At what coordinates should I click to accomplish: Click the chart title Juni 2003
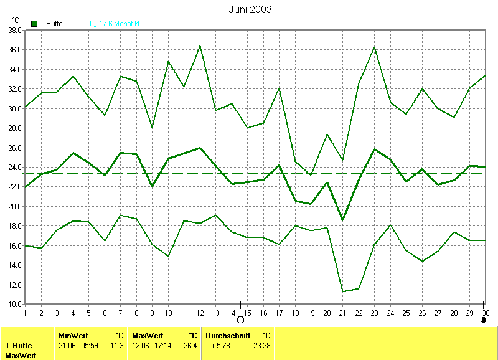(250, 9)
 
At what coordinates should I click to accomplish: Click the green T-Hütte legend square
(34, 24)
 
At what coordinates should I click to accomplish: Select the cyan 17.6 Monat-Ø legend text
(119, 24)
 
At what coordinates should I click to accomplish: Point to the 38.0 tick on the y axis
(14, 30)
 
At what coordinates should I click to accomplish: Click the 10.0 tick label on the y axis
(14, 305)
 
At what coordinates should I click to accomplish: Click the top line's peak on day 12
(200, 45)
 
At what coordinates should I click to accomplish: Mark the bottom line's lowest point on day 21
(342, 291)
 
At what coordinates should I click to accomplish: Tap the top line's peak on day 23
(374, 47)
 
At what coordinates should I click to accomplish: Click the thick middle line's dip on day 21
(342, 220)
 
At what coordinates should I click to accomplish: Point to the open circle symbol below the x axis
(240, 320)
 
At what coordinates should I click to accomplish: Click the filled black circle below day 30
(484, 320)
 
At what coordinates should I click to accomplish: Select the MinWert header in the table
(73, 335)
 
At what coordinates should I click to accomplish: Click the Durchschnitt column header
(228, 335)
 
